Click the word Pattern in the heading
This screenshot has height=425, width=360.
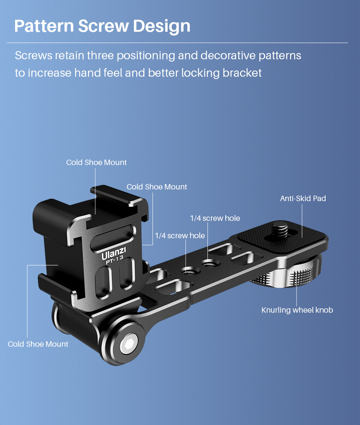(44, 26)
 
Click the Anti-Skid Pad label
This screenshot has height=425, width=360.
(303, 198)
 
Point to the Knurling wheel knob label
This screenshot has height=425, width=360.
(297, 310)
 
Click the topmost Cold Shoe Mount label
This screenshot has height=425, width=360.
(96, 162)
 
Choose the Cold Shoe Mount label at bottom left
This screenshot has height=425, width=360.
(38, 344)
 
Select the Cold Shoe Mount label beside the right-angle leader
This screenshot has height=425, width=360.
(157, 187)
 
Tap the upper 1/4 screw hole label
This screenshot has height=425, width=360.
(215, 218)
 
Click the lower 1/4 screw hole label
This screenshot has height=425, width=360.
(180, 236)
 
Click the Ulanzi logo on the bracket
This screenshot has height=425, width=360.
(114, 255)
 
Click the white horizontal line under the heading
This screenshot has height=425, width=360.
(177, 43)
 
